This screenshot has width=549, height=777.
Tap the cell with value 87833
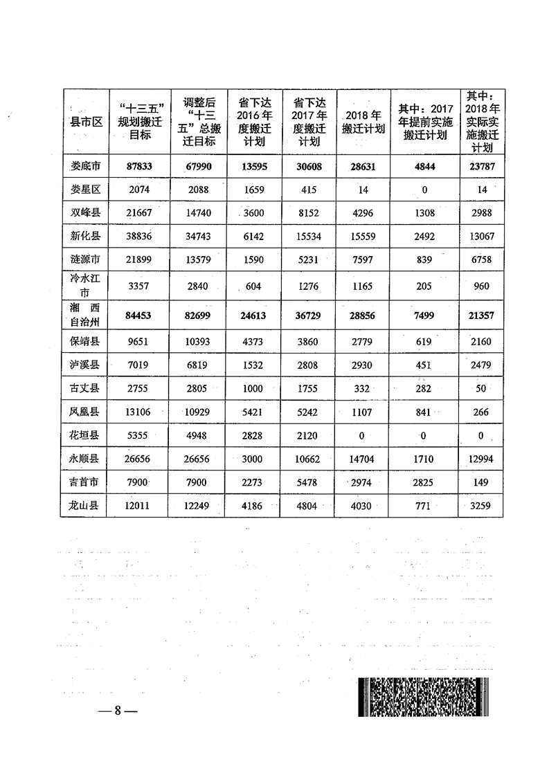click(x=139, y=166)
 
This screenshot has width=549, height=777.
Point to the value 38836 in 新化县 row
click(x=139, y=236)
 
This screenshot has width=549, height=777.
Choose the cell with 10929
click(x=196, y=412)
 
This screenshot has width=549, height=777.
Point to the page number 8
click(x=118, y=711)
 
